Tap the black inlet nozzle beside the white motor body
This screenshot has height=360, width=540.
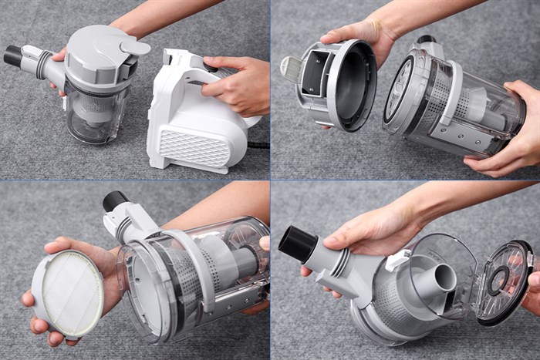(13, 56)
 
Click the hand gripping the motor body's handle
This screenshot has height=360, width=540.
(235, 84)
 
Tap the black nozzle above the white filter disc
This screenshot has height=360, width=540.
(115, 202)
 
